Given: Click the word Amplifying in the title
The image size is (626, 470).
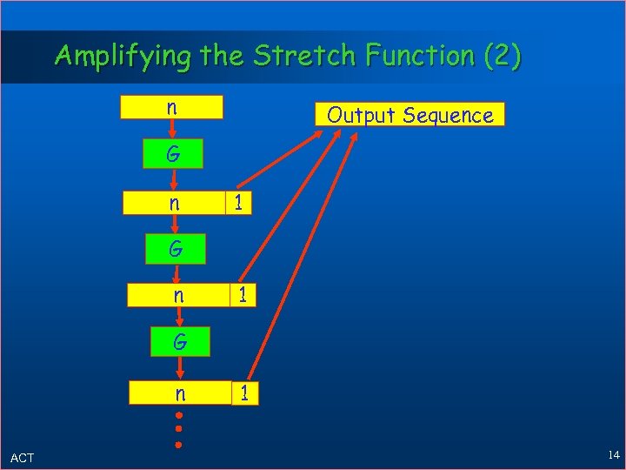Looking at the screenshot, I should [123, 56].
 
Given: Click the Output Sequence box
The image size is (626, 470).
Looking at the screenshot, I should [410, 115].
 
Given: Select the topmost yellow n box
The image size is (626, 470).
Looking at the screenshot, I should [172, 107].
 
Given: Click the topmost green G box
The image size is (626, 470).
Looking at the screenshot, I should [174, 154].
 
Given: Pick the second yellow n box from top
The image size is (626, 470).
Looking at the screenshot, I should [174, 203].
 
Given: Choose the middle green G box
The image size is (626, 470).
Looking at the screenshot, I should [176, 249].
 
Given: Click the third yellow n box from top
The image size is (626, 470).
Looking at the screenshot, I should [177, 296].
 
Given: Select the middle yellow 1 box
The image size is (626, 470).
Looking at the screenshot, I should [243, 296].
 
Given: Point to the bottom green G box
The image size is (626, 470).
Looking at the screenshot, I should [179, 342].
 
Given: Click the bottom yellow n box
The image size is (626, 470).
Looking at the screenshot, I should [179, 393].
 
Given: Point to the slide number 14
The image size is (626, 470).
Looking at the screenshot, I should [614, 455].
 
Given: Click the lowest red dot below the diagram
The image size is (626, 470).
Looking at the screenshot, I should [179, 444].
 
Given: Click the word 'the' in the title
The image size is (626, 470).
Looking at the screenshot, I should [222, 56].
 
